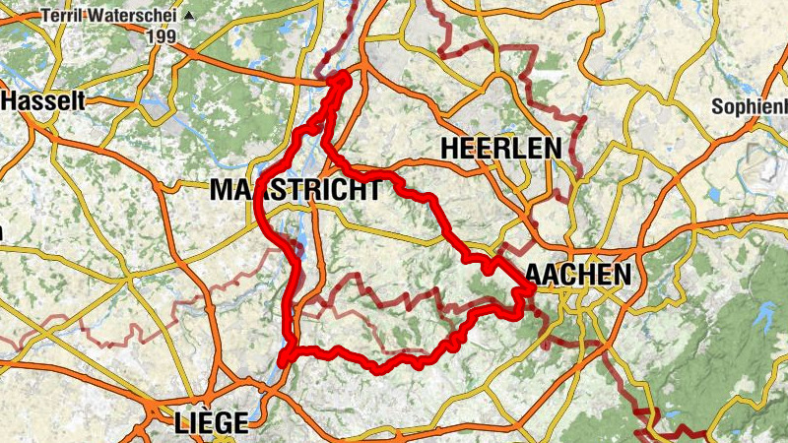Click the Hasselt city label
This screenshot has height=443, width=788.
(44, 100)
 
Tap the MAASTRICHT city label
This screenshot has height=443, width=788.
(295, 191)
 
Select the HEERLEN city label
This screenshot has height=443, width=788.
(502, 149)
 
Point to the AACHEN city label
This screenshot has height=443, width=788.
(578, 275)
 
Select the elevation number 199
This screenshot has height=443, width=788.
(162, 37)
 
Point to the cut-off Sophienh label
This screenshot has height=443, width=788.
(750, 105)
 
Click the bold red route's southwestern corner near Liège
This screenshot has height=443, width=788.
(284, 361)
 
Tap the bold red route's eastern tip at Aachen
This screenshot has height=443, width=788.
(529, 290)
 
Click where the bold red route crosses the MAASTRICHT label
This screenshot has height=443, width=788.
(262, 192)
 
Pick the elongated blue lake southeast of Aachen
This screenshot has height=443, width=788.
(763, 315)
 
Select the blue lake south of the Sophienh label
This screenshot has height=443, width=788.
(712, 194)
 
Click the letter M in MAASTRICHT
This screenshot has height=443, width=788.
(222, 191)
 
